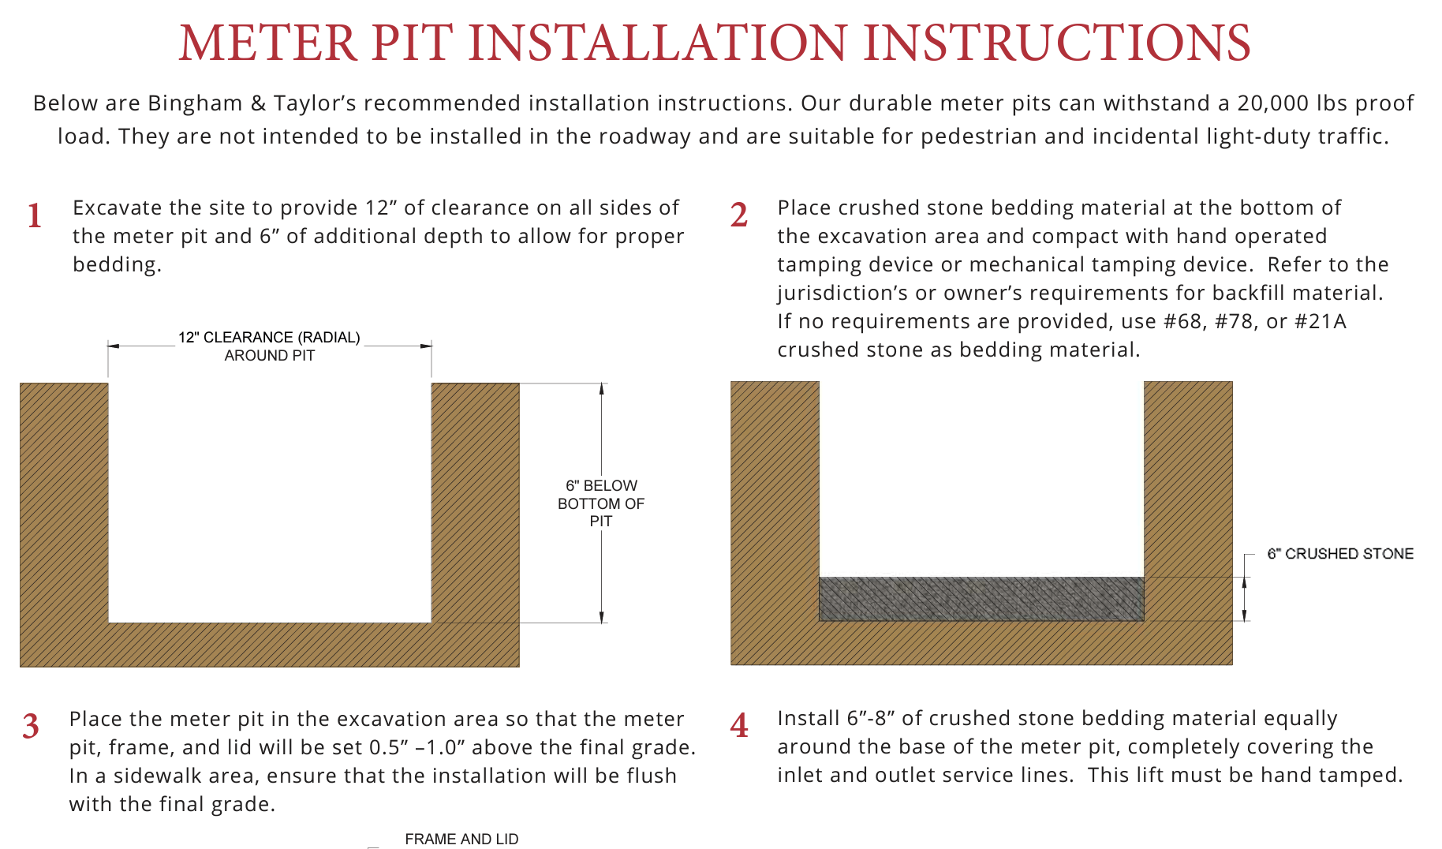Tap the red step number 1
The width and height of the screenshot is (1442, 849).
pos(35,216)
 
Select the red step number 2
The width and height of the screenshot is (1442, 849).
pos(739,215)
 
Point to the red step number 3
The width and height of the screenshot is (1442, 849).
pos(31,727)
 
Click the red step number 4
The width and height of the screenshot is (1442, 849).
pos(739,726)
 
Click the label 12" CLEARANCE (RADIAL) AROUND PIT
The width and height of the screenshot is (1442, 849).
pos(269,346)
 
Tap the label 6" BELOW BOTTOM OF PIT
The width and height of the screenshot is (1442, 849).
pos(601,503)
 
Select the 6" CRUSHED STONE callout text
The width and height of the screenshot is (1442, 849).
pos(1339,554)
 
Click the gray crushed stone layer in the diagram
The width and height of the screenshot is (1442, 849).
pos(981,599)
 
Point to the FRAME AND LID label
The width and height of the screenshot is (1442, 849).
pos(461,839)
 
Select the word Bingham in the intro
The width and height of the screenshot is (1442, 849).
pos(195,103)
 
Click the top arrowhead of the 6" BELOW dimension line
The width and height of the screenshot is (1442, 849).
pos(602,388)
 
